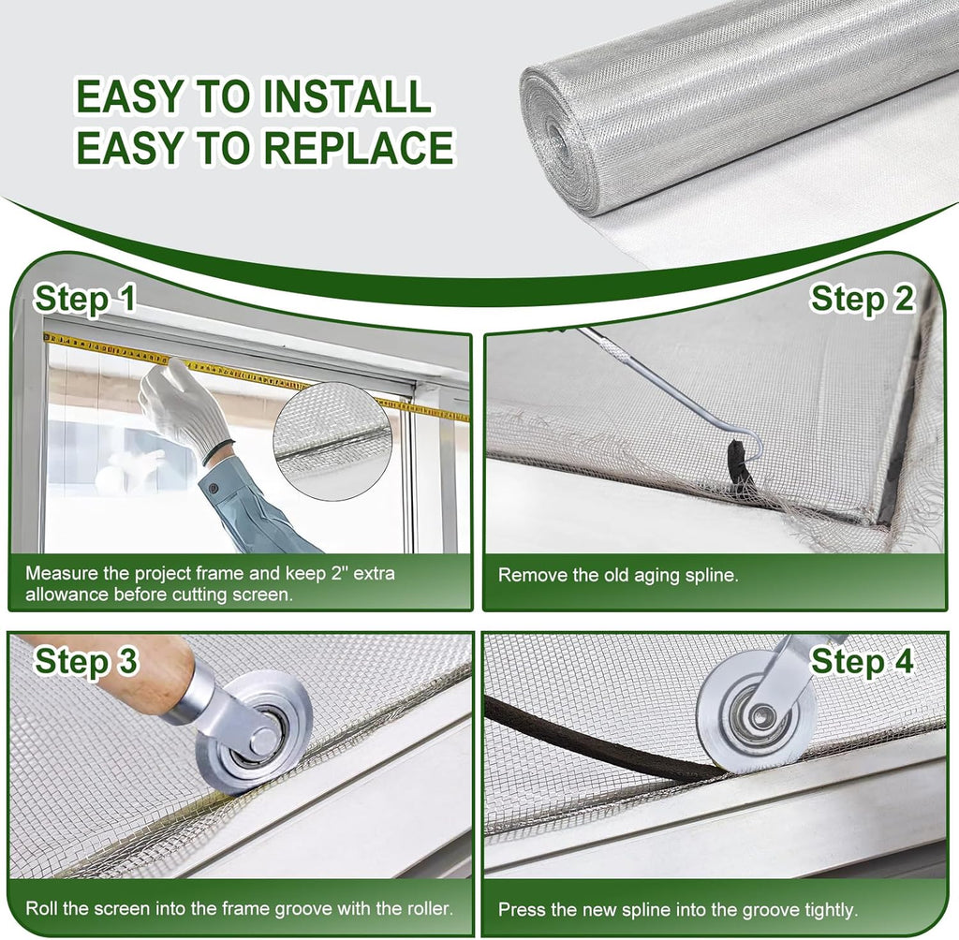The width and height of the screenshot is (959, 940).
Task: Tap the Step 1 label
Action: point(85,299)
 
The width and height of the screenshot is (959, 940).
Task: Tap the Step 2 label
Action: point(862,299)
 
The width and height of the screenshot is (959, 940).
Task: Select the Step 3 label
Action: point(86,662)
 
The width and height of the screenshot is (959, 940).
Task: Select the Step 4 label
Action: point(862,662)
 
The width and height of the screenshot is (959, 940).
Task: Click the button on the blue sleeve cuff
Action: point(214,488)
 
